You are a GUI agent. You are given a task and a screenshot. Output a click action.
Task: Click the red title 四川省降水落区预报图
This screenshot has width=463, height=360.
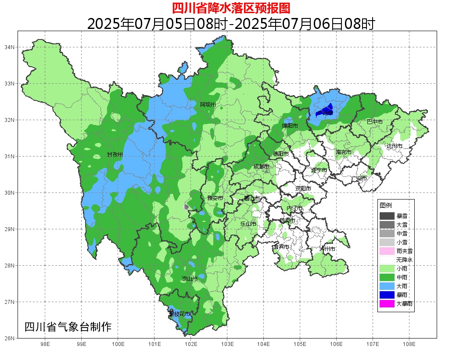coord(231,8)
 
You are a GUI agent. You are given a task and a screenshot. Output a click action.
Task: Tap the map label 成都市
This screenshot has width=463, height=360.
coord(261,167)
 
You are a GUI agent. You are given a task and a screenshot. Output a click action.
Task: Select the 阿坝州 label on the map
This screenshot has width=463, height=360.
coord(208,104)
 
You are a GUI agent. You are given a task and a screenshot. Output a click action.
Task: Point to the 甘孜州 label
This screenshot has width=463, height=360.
coord(115,155)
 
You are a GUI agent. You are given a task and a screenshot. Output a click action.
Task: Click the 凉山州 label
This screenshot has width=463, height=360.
coord(190,279)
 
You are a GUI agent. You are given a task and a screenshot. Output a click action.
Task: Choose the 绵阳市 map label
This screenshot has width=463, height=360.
coord(290,126)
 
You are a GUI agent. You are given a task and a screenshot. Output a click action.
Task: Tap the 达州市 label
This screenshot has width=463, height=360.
coord(394,146)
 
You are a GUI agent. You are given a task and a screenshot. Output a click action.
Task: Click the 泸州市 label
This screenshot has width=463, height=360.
coord(327,249)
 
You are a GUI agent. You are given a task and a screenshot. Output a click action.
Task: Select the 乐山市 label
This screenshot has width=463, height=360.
coord(248,224)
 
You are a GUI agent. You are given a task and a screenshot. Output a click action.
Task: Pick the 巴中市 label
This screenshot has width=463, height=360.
coord(374,121)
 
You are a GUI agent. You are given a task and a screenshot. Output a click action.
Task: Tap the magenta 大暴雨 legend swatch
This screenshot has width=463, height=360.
coord(387,303)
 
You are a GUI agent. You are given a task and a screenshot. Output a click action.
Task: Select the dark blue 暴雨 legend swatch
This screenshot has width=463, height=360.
coord(387,295)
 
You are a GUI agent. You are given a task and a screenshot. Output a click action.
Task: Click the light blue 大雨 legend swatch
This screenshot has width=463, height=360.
coord(387,286)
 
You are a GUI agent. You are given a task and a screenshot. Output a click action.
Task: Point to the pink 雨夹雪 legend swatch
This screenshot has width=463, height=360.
coord(387,251)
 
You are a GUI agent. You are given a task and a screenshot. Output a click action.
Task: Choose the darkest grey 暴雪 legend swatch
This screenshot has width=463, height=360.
coord(387,216)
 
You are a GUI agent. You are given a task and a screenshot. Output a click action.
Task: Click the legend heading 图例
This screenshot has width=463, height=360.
coord(386,205)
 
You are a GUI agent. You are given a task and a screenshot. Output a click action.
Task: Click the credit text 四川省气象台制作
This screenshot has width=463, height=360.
coord(68,327)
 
